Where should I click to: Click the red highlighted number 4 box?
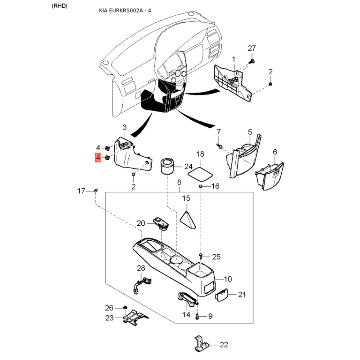(98, 158)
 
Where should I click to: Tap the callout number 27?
(252, 49)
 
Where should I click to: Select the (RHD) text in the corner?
(59, 6)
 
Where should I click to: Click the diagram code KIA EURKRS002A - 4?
(125, 10)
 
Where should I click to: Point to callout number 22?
(224, 345)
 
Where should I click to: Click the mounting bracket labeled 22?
(201, 343)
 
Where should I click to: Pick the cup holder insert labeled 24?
(167, 166)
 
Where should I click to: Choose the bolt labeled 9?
(197, 316)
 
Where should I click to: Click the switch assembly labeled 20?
(162, 222)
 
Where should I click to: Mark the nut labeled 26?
(125, 308)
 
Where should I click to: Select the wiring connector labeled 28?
(141, 284)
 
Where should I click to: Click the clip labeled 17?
(96, 190)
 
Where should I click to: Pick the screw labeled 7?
(219, 145)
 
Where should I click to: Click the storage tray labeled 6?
(270, 176)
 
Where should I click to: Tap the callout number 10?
(228, 279)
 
